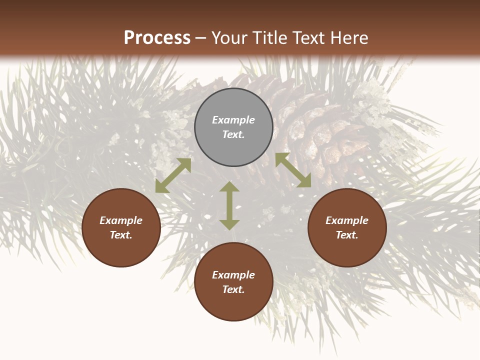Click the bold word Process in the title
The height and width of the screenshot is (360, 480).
coord(157,38)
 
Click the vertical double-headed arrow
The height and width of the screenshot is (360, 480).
coord(229,205)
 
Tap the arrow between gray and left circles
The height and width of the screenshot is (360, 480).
coord(173,175)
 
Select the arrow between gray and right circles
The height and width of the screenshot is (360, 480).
coord(293,170)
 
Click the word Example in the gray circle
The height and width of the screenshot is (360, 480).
coord(233,120)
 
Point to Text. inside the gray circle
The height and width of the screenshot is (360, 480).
coord(233,134)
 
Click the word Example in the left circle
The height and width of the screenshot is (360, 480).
coord(121,220)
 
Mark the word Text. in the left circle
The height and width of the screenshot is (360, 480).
coord(121,235)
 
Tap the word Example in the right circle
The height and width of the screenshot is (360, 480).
coord(347,220)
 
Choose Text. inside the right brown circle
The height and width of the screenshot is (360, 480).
coord(347,235)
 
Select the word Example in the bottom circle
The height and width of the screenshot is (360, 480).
coord(233,275)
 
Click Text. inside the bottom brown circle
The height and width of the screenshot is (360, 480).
coord(233,289)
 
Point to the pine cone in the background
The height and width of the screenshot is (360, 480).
coord(320,135)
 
